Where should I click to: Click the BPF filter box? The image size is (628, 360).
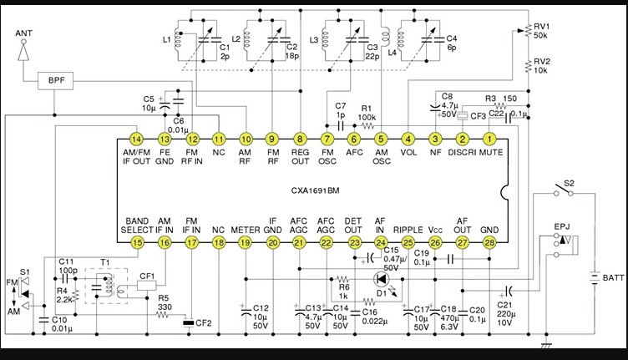[56, 80]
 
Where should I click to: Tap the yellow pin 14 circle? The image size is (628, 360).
[137, 139]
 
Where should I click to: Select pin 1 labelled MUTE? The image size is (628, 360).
[489, 139]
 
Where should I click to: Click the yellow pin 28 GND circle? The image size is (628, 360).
[489, 242]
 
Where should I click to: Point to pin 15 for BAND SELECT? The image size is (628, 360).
[137, 242]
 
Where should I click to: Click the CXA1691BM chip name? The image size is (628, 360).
[315, 190]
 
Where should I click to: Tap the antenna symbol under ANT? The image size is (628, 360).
[23, 50]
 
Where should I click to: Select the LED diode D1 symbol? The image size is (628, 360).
[381, 279]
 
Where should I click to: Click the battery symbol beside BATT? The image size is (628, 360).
[595, 277]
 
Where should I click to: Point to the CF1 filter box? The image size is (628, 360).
[147, 286]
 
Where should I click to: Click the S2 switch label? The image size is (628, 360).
[569, 184]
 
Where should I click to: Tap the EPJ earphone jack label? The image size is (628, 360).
[562, 226]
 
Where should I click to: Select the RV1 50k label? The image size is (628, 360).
[541, 31]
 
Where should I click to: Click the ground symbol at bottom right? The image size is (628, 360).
[546, 345]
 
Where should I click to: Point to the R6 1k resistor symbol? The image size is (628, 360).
[343, 279]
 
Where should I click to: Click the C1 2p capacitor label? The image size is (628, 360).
[225, 52]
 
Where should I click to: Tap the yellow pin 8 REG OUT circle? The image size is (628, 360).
[300, 139]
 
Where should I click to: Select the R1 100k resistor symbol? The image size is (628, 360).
[367, 126]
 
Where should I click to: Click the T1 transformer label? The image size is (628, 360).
[104, 263]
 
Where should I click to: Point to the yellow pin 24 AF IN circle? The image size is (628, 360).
[381, 242]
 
